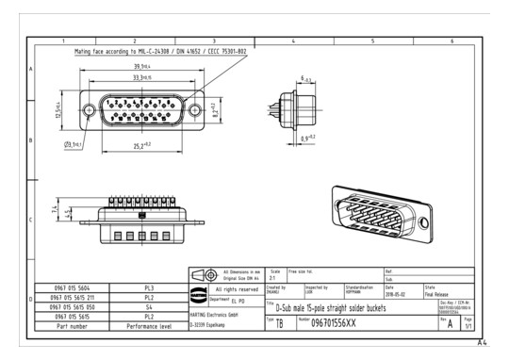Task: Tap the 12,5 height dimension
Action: point(57,111)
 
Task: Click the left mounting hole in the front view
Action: point(89,111)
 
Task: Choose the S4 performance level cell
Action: point(149,306)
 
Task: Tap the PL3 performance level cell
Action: point(149,286)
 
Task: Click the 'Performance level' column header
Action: point(149,326)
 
